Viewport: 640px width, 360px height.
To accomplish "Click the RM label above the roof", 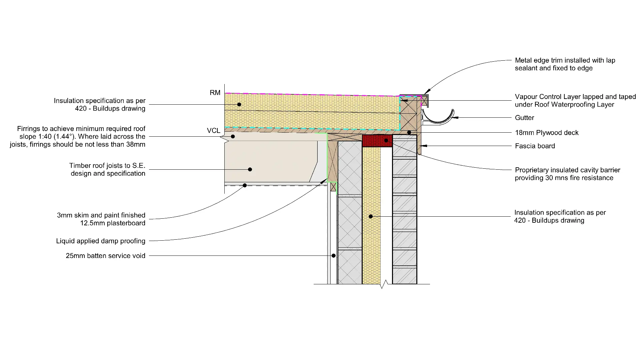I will pyautogui.click(x=215, y=93).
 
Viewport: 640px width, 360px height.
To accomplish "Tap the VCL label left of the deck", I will pyautogui.click(x=213, y=131).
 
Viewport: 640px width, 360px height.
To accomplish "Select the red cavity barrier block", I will pyautogui.click(x=377, y=141).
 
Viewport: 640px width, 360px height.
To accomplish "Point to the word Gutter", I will pyautogui.click(x=524, y=118).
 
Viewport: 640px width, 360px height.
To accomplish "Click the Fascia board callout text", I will pyautogui.click(x=535, y=146).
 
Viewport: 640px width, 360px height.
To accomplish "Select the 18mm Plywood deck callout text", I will pyautogui.click(x=547, y=133).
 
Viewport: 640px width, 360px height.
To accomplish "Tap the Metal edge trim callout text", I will pyautogui.click(x=565, y=64).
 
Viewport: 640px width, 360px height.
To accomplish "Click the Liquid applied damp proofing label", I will pyautogui.click(x=101, y=241).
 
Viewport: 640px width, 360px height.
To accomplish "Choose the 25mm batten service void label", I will pyautogui.click(x=105, y=256).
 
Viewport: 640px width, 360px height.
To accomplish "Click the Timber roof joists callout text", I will pyautogui.click(x=107, y=169).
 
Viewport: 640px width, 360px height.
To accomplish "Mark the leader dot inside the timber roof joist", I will pyautogui.click(x=250, y=169).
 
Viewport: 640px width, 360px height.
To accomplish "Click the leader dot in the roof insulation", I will pyautogui.click(x=239, y=105).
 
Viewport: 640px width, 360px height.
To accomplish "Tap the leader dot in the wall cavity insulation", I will pyautogui.click(x=371, y=217).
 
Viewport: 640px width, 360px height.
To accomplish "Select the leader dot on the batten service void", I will pyautogui.click(x=333, y=256).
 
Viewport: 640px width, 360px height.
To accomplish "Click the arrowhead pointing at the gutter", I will pyautogui.click(x=454, y=118).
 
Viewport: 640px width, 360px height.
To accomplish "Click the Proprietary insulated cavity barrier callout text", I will pyautogui.click(x=567, y=174).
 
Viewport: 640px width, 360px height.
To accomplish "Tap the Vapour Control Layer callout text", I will pyautogui.click(x=575, y=101).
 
